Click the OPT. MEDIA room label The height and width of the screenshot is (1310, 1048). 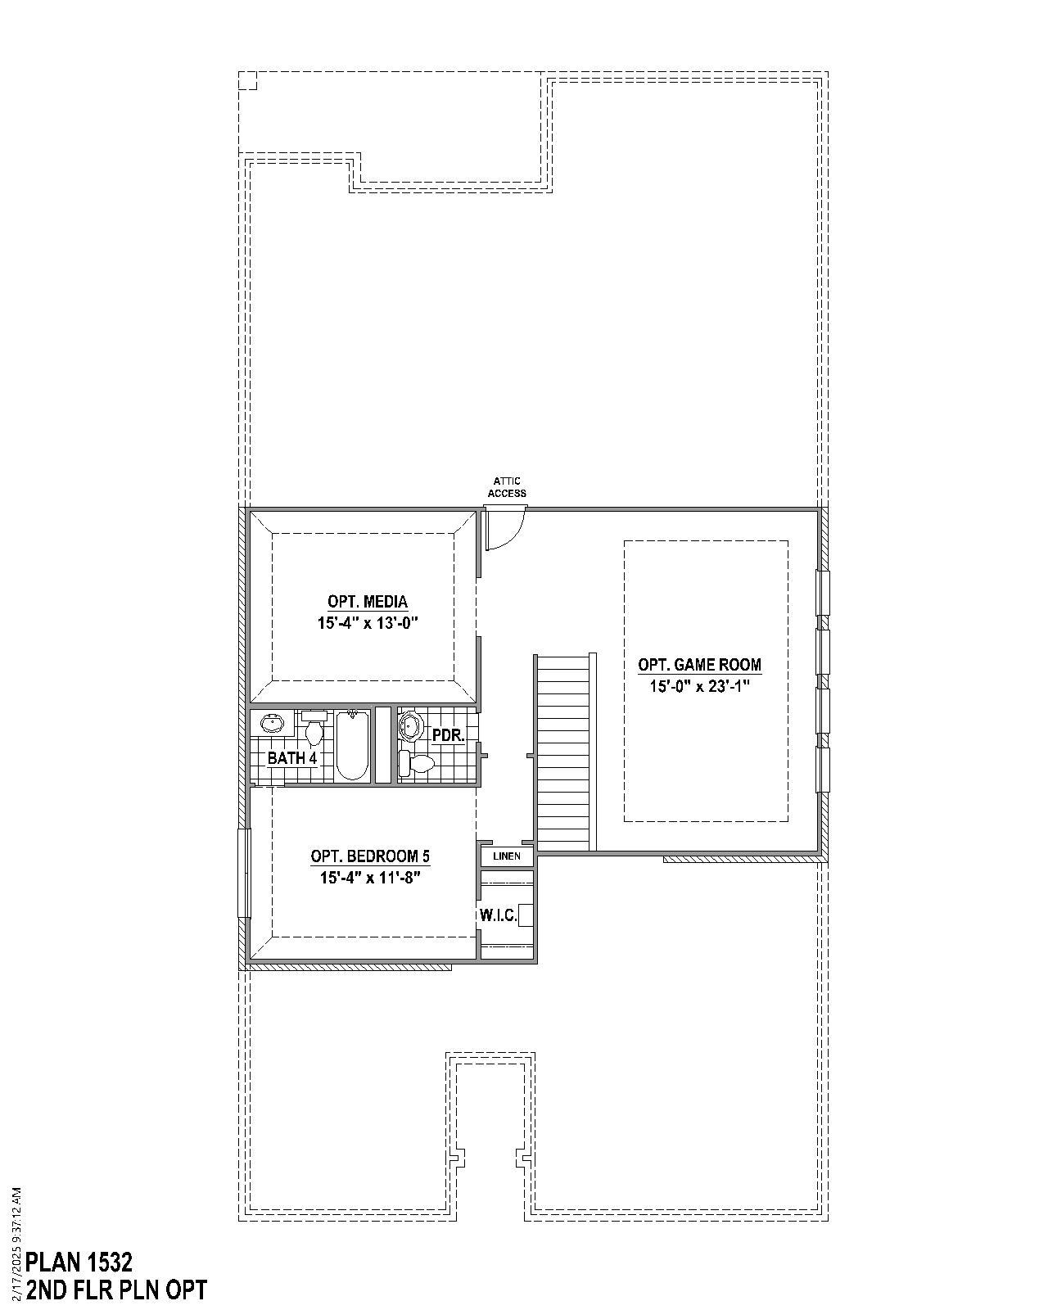pos(367,603)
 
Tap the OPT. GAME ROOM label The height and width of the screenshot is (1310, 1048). pos(699,665)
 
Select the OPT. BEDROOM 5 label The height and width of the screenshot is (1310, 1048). pos(370,856)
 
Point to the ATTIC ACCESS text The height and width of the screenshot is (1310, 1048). pos(507,487)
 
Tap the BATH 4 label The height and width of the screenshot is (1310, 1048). pos(292,758)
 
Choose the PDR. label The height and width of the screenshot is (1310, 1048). pos(448,735)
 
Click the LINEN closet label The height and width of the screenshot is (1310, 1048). pos(507,856)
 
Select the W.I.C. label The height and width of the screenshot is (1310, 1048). pos(498,915)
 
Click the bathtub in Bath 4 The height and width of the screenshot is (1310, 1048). pos(353,745)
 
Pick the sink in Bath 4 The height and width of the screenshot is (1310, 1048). pos(273,725)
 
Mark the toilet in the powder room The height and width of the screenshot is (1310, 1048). pos(418,764)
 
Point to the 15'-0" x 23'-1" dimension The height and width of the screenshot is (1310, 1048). pos(699,686)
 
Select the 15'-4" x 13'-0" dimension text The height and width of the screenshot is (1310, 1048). pos(368,623)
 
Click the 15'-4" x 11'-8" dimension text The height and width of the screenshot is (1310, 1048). pos(370,878)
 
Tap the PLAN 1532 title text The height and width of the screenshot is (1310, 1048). pos(79,1261)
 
